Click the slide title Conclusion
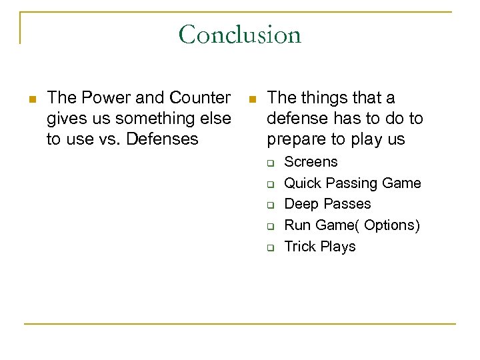pyautogui.click(x=239, y=34)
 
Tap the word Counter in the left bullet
pyautogui.click(x=199, y=98)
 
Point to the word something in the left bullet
pyautogui.click(x=145, y=119)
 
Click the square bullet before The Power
pyautogui.click(x=31, y=99)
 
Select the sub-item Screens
pyautogui.click(x=311, y=162)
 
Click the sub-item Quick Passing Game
pyautogui.click(x=353, y=183)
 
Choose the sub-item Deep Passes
pyautogui.click(x=327, y=204)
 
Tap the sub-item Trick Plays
pyautogui.click(x=320, y=247)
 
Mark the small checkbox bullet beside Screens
pyautogui.click(x=272, y=163)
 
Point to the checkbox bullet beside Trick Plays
pyautogui.click(x=272, y=247)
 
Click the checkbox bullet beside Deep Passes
pyautogui.click(x=272, y=205)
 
